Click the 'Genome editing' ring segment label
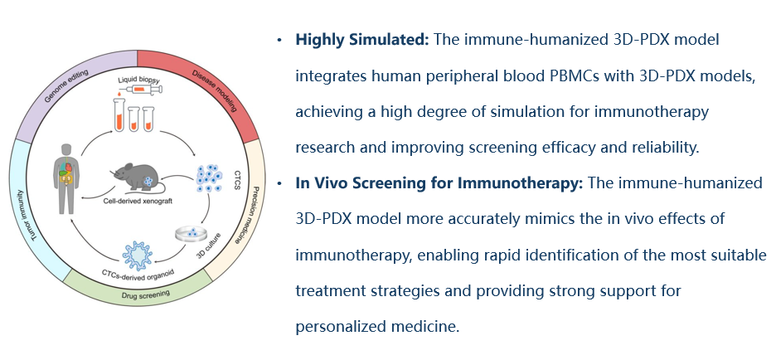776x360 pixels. point(65,85)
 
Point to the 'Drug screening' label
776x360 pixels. point(145,294)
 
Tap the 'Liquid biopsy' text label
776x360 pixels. point(138,80)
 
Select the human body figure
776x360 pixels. point(65,179)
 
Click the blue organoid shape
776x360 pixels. point(137,255)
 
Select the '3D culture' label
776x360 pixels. point(208,250)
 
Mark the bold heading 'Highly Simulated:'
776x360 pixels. point(362,39)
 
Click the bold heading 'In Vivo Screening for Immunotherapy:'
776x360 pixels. point(439,183)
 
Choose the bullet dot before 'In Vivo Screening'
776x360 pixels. point(279,183)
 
